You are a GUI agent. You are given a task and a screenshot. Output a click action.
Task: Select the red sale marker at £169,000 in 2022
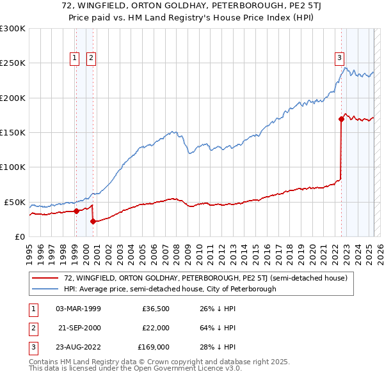click(341, 119)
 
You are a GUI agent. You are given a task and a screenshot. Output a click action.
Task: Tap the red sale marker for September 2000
click(93, 221)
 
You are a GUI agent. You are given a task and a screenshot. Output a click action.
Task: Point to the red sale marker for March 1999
click(76, 211)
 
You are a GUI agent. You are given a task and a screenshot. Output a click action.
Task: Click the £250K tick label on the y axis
click(13, 63)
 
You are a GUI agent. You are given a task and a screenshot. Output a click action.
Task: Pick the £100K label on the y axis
click(13, 167)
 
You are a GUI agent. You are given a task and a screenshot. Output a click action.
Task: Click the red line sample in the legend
click(45, 278)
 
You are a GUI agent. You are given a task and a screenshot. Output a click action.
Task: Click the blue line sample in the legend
click(45, 289)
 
